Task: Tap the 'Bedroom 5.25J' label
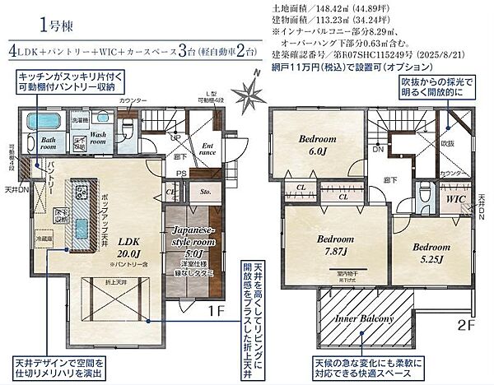pos(430,252)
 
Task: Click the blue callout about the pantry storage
pos(67,80)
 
